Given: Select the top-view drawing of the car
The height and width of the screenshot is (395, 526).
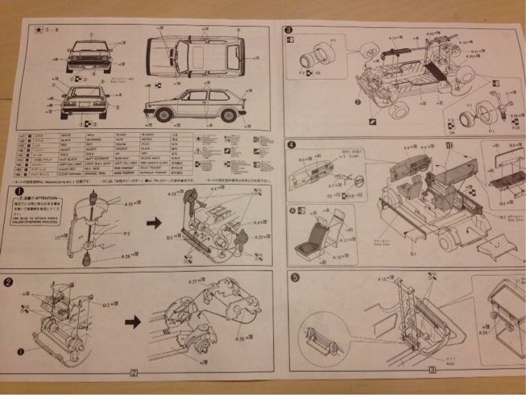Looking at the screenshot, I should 197,55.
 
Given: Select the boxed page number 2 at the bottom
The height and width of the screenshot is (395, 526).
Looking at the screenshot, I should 134,372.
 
